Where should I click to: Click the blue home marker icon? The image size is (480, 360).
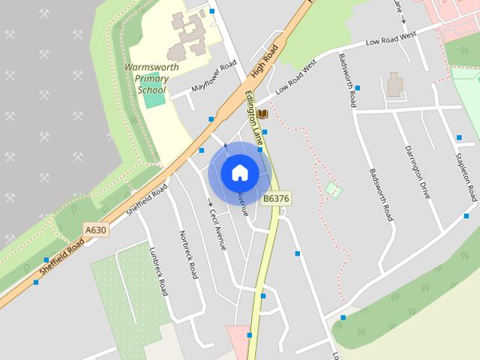point(239,172)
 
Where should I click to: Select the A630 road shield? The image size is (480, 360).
point(96,230)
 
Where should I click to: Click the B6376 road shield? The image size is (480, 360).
point(276,198)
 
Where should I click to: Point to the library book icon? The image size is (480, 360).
point(262,114)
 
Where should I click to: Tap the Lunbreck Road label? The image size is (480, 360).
point(158,271)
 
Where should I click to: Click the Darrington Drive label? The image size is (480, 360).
point(416,171)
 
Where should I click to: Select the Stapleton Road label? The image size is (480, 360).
point(466,174)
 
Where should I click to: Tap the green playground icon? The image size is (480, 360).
point(333,190)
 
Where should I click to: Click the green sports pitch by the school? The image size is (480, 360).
point(154,97)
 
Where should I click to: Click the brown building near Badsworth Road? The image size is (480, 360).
point(395,85)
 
